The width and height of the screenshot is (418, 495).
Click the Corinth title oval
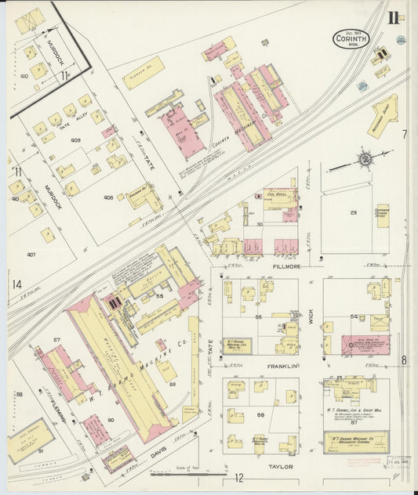345,39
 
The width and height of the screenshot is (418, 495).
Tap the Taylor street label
280,466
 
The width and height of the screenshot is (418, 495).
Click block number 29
353,213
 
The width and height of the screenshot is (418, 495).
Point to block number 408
108,198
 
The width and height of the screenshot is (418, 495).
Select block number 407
31,255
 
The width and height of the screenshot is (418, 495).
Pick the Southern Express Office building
382,213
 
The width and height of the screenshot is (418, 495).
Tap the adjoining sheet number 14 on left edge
16,284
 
